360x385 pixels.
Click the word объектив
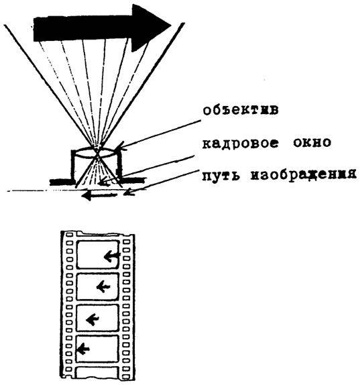pyautogui.click(x=241, y=111)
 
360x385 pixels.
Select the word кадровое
pyautogui.click(x=241, y=143)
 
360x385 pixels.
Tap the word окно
pyautogui.click(x=312, y=142)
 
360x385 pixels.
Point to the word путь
pyautogui.click(x=221, y=176)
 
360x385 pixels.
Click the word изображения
pyautogui.click(x=304, y=176)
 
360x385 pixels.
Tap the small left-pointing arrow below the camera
pyautogui.click(x=99, y=196)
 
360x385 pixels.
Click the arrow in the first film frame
pyautogui.click(x=112, y=256)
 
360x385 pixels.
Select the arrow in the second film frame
pyautogui.click(x=103, y=286)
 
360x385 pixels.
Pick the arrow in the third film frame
pyautogui.click(x=93, y=320)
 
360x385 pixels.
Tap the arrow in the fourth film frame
pyautogui.click(x=83, y=349)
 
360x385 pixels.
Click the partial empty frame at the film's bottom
pyautogui.click(x=97, y=372)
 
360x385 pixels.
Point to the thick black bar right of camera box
pyautogui.click(x=133, y=180)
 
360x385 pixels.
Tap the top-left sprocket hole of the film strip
pyautogui.click(x=70, y=235)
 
